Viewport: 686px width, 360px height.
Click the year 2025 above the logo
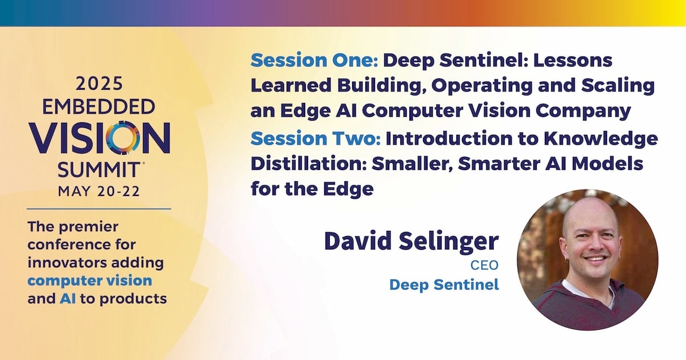[99, 84]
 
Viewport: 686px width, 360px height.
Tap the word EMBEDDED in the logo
[98, 107]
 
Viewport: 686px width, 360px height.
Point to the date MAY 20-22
[99, 191]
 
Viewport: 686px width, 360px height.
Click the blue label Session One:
[314, 61]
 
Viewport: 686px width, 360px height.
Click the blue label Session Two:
[316, 138]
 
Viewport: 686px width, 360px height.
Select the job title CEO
[485, 265]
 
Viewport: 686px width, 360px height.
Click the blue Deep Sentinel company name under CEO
[444, 285]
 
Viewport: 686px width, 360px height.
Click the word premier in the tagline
[89, 227]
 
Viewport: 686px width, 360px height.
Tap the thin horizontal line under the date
[99, 209]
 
